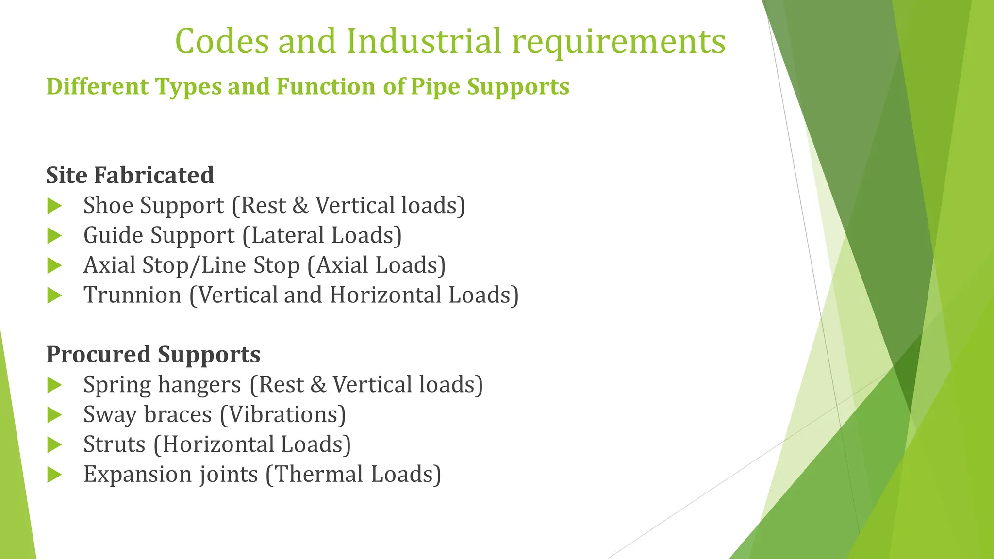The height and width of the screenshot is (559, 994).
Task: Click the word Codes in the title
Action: click(222, 41)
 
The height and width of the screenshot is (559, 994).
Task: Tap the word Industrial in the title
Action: click(423, 41)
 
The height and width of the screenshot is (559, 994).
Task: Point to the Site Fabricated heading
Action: click(130, 175)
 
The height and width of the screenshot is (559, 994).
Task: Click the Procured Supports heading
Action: click(153, 355)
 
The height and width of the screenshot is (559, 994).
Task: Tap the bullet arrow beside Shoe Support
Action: click(54, 206)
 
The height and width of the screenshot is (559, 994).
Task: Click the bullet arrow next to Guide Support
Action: click(54, 236)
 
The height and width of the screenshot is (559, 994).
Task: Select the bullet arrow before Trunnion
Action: click(54, 296)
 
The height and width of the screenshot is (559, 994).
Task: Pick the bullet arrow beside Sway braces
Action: click(54, 415)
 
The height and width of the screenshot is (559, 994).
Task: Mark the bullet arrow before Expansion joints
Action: click(54, 475)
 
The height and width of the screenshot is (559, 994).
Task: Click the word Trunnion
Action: click(132, 295)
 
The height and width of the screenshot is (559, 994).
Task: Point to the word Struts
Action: click(114, 444)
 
